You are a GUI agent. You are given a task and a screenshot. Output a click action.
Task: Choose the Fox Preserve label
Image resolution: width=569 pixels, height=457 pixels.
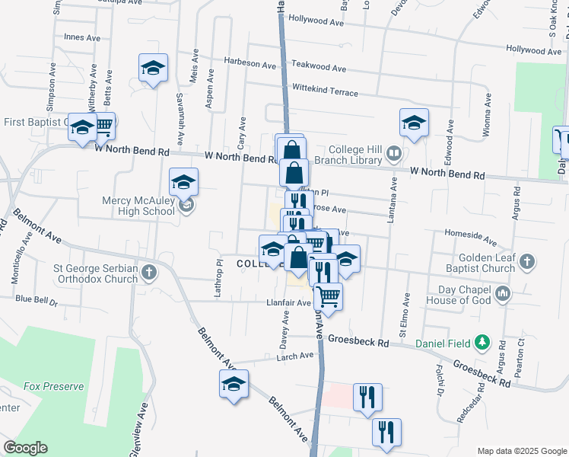tap(53, 386)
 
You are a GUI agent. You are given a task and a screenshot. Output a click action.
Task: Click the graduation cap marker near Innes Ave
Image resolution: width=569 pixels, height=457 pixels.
tap(153, 69)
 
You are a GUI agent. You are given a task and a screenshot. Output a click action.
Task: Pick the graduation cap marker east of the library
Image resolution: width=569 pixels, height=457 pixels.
tap(414, 123)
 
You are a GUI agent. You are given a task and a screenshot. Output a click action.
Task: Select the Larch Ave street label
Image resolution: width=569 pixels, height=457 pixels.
tap(296, 355)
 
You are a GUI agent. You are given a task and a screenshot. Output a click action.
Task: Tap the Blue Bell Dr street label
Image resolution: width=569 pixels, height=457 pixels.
tap(36, 299)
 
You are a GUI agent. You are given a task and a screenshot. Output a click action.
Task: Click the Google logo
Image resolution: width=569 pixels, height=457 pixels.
tap(25, 448)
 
